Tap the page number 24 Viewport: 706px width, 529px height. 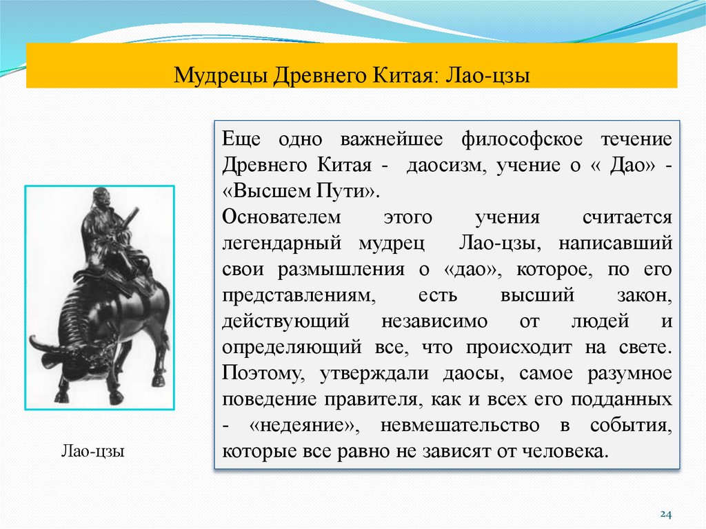665,514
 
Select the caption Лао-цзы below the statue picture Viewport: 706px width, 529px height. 92,452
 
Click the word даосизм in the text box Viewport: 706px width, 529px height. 442,165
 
